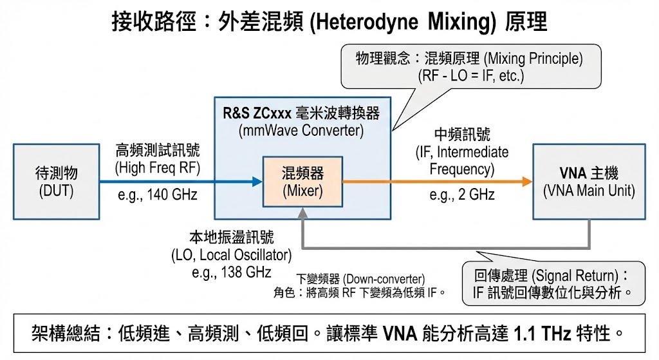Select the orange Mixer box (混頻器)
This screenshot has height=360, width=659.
[302, 182]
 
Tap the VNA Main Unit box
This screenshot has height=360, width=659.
[588, 182]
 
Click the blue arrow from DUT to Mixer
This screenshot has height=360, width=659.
[180, 182]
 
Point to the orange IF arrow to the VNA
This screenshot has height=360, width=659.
[438, 182]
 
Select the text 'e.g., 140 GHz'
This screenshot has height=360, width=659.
[158, 195]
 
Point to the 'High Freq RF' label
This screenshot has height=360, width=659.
[158, 168]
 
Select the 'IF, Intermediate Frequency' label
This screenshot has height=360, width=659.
[461, 161]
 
